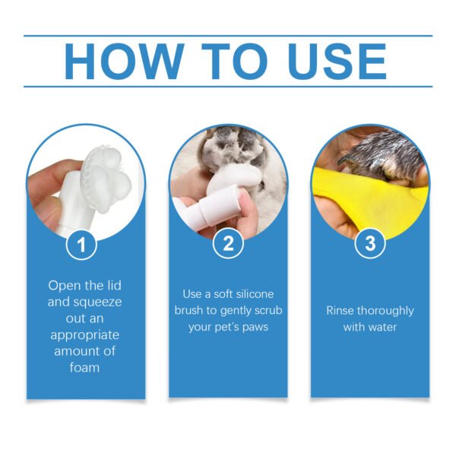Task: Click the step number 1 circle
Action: pos(86,244)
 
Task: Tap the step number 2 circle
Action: pos(228,244)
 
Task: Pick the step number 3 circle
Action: pos(370,244)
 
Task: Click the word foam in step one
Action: pos(86,367)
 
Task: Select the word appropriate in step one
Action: pos(86,334)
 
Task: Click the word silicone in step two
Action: pos(249,293)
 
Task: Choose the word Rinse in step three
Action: pos(342,310)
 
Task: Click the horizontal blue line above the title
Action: pos(228,35)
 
